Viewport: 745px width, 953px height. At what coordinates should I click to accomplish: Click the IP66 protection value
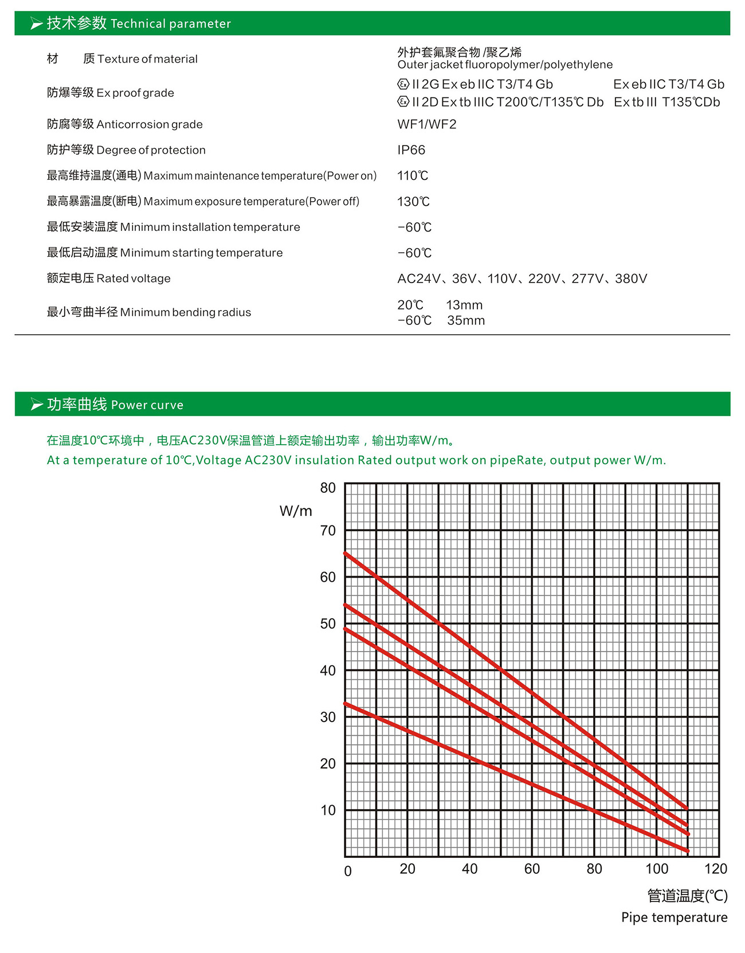(x=411, y=150)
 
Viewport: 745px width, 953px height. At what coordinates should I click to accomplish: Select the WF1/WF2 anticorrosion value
(x=426, y=124)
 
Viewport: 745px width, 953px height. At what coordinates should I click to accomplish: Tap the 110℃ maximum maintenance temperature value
(x=413, y=176)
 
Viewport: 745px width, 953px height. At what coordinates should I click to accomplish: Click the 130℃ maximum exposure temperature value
(x=413, y=202)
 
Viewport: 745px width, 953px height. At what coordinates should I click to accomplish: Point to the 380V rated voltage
(x=631, y=279)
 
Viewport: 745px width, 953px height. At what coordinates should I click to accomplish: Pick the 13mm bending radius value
(x=464, y=305)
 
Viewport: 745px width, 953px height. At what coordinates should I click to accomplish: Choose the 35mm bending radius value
(x=466, y=321)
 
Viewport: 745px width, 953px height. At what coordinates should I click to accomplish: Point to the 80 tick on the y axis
(x=328, y=488)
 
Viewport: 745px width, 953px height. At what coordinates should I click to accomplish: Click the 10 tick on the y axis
(x=328, y=810)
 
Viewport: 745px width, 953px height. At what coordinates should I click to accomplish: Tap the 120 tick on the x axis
(x=715, y=869)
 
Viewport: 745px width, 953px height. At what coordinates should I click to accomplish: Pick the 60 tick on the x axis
(x=532, y=869)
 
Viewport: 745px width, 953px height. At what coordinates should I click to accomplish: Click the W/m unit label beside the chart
(x=296, y=511)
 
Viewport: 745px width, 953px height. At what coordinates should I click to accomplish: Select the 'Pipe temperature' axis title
(x=674, y=917)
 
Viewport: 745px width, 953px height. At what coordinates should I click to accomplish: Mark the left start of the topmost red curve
(x=346, y=554)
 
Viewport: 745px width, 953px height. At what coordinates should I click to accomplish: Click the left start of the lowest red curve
(x=346, y=704)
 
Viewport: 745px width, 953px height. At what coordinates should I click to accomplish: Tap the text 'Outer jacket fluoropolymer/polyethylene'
(x=505, y=65)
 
